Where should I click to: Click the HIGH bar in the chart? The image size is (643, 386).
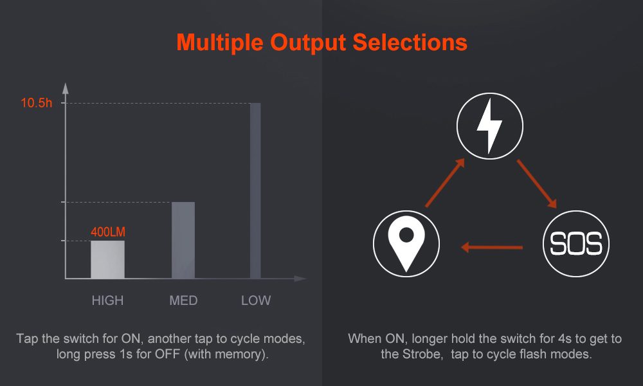[107, 260]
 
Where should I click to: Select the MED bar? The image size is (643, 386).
[183, 241]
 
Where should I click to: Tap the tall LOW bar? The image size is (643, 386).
[255, 190]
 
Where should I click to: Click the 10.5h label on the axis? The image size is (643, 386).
[37, 103]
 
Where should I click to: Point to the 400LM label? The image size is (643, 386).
[108, 232]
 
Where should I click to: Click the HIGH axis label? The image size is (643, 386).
[107, 300]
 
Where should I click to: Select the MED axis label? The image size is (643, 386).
[183, 300]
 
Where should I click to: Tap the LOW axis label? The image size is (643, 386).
[256, 300]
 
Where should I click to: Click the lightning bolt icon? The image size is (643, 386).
[489, 126]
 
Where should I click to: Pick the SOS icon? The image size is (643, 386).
[575, 244]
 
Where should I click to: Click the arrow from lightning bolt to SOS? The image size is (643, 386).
[537, 184]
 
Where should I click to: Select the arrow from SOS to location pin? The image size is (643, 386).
[492, 247]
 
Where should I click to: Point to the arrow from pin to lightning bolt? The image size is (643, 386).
[445, 183]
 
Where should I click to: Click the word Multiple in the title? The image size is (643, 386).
[220, 42]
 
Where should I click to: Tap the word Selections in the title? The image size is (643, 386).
[410, 42]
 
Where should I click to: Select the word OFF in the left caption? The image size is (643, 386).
[167, 354]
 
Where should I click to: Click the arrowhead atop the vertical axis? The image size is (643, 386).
[65, 88]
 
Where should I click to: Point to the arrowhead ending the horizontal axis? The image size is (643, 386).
[300, 279]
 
